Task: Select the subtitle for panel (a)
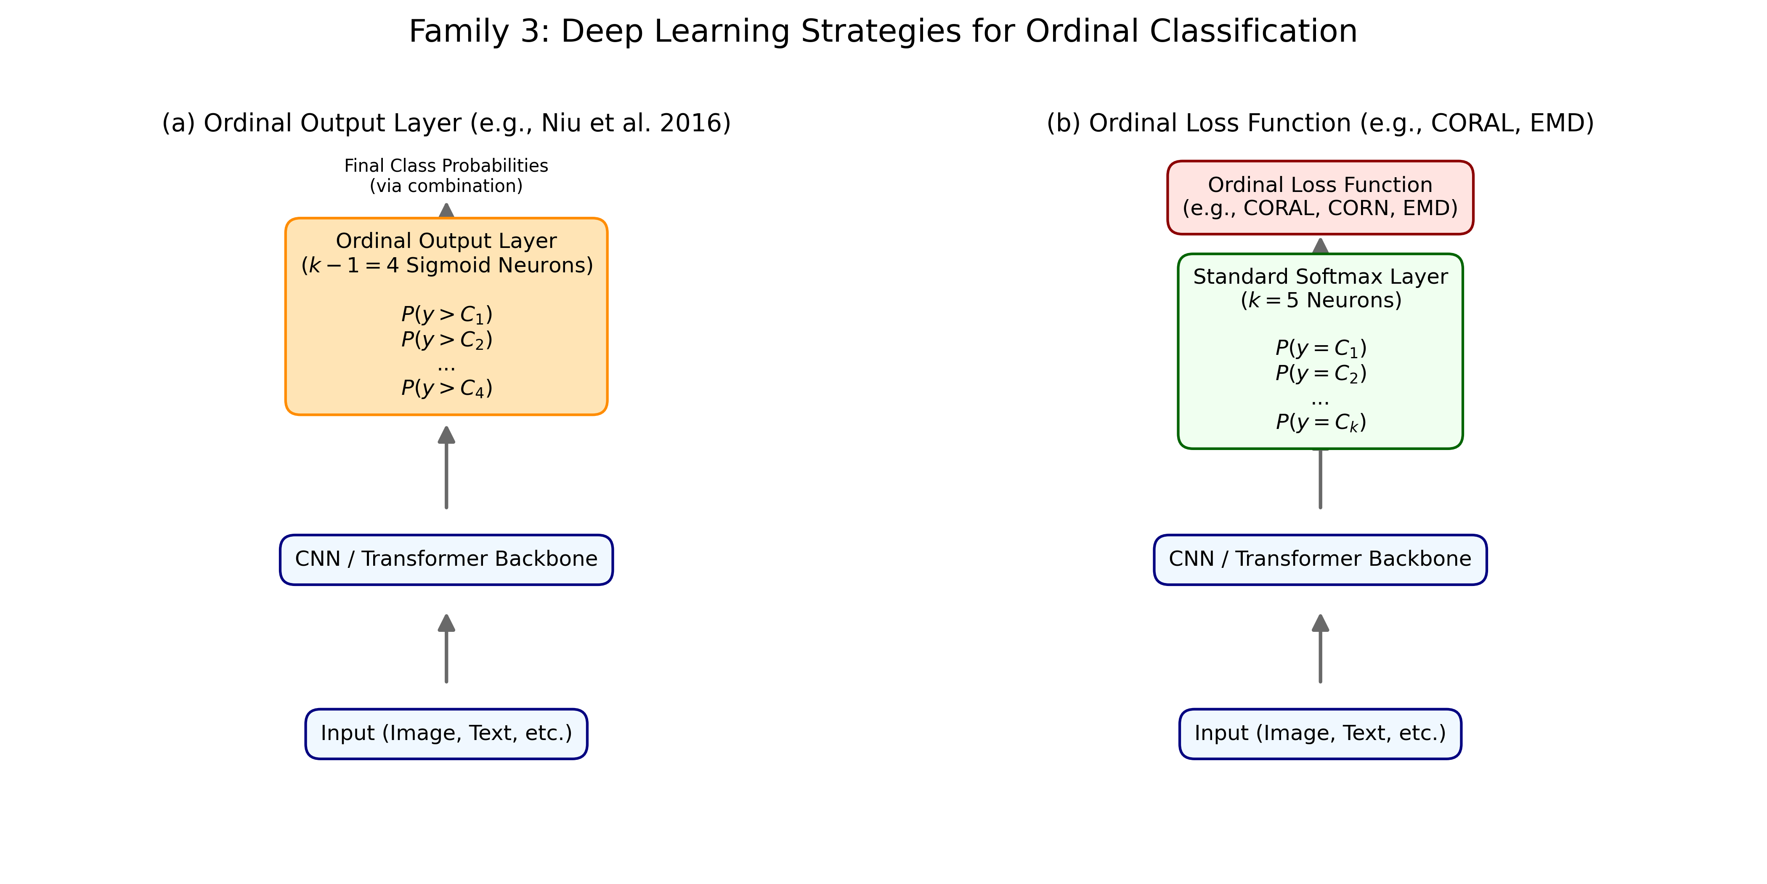[x=446, y=123]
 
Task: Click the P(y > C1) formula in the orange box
[x=446, y=314]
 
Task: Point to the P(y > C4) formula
[x=446, y=389]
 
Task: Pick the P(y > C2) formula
[x=446, y=340]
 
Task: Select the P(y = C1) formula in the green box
[x=1321, y=348]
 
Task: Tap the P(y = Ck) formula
[x=1321, y=422]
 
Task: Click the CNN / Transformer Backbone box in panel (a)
[x=446, y=559]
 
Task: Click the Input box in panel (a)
[x=446, y=734]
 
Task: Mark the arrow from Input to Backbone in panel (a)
[x=446, y=649]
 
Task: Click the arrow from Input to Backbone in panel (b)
[x=1321, y=649]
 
